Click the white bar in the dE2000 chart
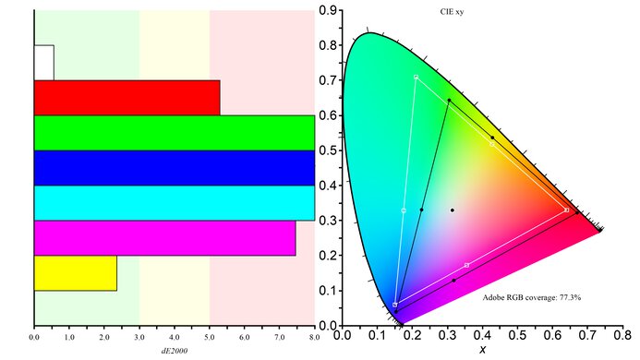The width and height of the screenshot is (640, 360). click(43, 62)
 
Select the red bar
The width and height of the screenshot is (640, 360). click(127, 97)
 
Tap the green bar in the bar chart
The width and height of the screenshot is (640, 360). click(174, 132)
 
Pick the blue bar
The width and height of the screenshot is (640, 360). click(174, 167)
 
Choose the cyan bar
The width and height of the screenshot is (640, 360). click(174, 203)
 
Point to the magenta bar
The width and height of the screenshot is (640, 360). click(164, 238)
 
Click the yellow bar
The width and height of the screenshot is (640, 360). click(75, 273)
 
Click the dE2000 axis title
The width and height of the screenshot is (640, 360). click(174, 352)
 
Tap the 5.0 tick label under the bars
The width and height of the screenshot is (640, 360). click(210, 338)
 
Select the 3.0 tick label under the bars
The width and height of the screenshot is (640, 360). click(139, 338)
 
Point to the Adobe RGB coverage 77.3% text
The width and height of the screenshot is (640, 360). click(531, 298)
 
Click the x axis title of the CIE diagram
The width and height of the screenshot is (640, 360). click(482, 349)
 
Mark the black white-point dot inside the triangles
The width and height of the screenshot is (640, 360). click(453, 210)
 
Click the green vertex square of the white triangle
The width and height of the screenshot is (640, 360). click(417, 77)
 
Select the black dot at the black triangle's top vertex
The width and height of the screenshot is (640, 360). click(449, 100)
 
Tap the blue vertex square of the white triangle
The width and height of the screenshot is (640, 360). click(395, 305)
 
